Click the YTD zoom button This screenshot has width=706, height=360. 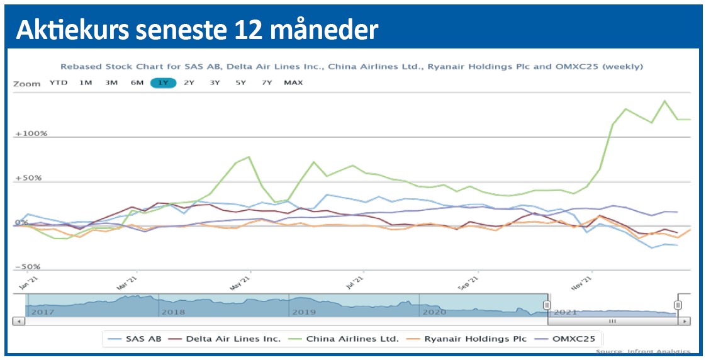[59, 83]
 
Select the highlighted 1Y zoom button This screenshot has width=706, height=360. [163, 83]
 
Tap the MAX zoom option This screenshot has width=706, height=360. [293, 83]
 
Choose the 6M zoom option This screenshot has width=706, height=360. [137, 83]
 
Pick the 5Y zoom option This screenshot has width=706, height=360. [240, 83]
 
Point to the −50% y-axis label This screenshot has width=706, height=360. [28, 267]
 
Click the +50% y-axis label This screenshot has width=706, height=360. [29, 178]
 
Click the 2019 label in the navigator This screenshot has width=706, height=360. [303, 312]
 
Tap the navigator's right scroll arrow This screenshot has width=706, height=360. [683, 321]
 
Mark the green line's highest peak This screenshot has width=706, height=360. [664, 101]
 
